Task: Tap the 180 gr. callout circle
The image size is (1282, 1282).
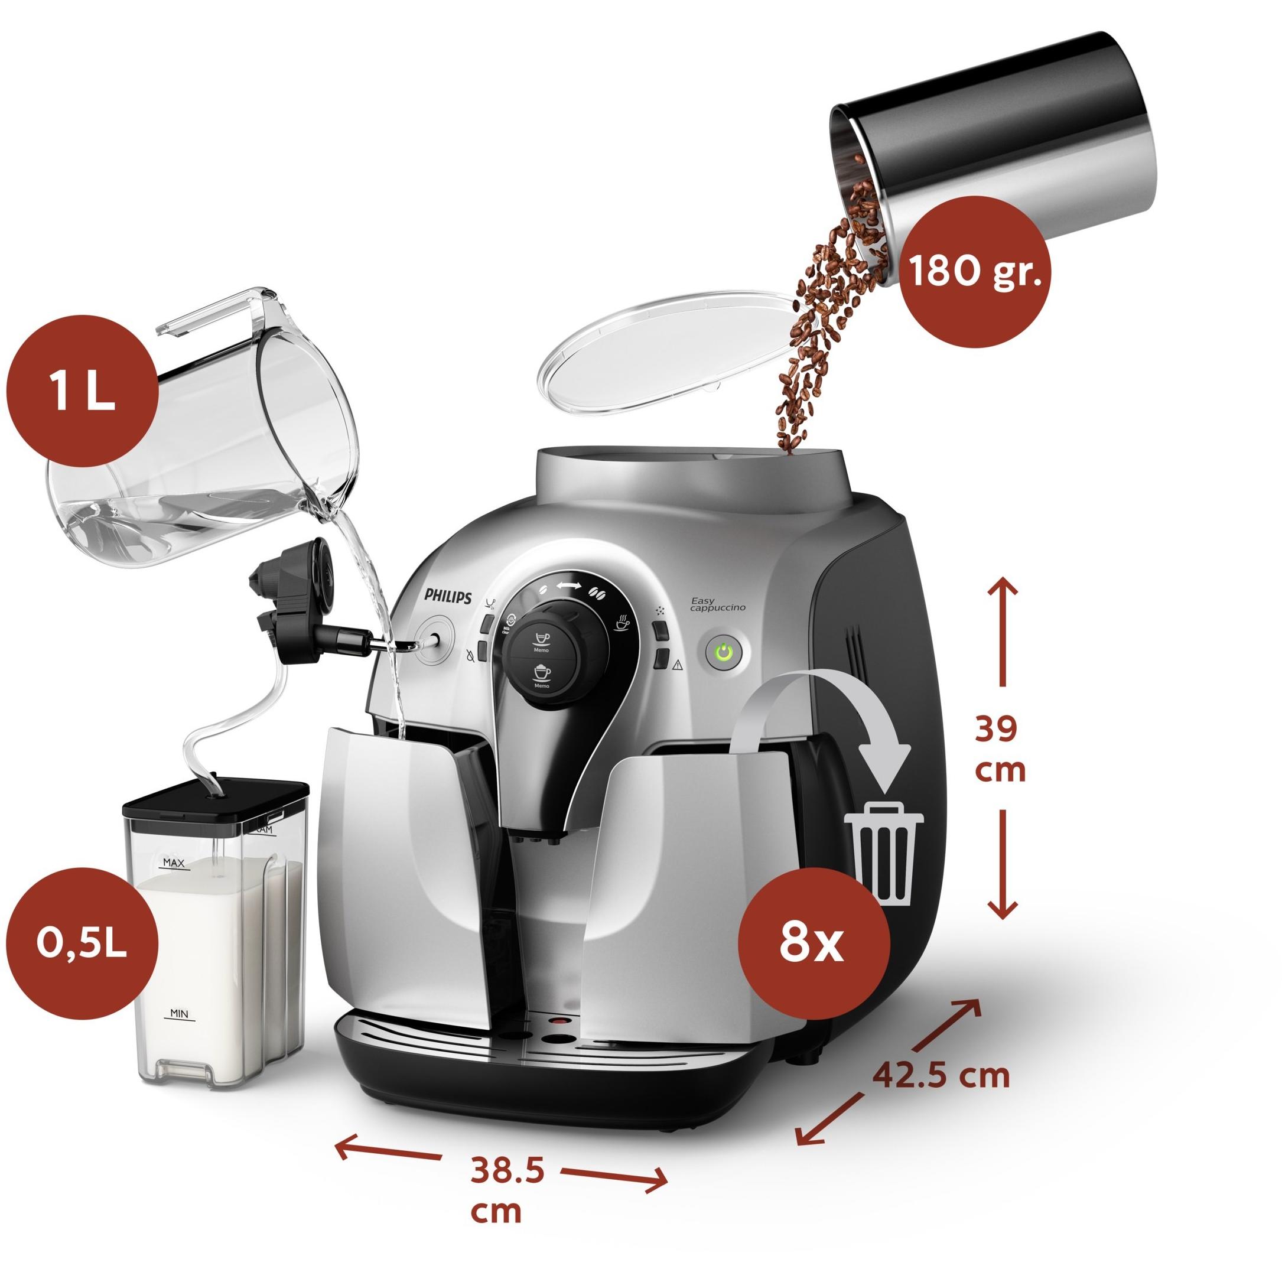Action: coord(972,271)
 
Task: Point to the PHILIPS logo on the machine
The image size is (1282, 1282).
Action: coord(448,596)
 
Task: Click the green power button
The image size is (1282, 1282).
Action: coord(725,652)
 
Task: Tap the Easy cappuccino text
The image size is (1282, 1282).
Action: coord(718,604)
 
